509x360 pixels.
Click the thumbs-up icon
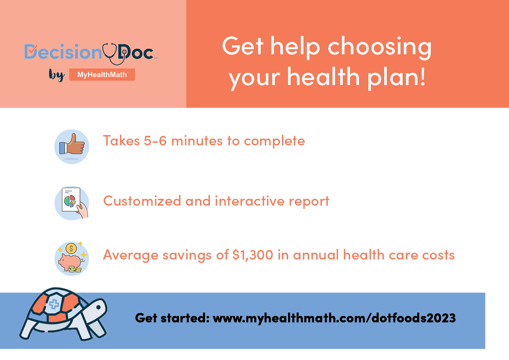click(71, 147)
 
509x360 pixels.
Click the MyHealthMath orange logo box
click(102, 75)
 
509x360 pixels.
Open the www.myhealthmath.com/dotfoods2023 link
click(334, 318)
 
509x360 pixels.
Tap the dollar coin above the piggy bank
click(71, 248)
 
